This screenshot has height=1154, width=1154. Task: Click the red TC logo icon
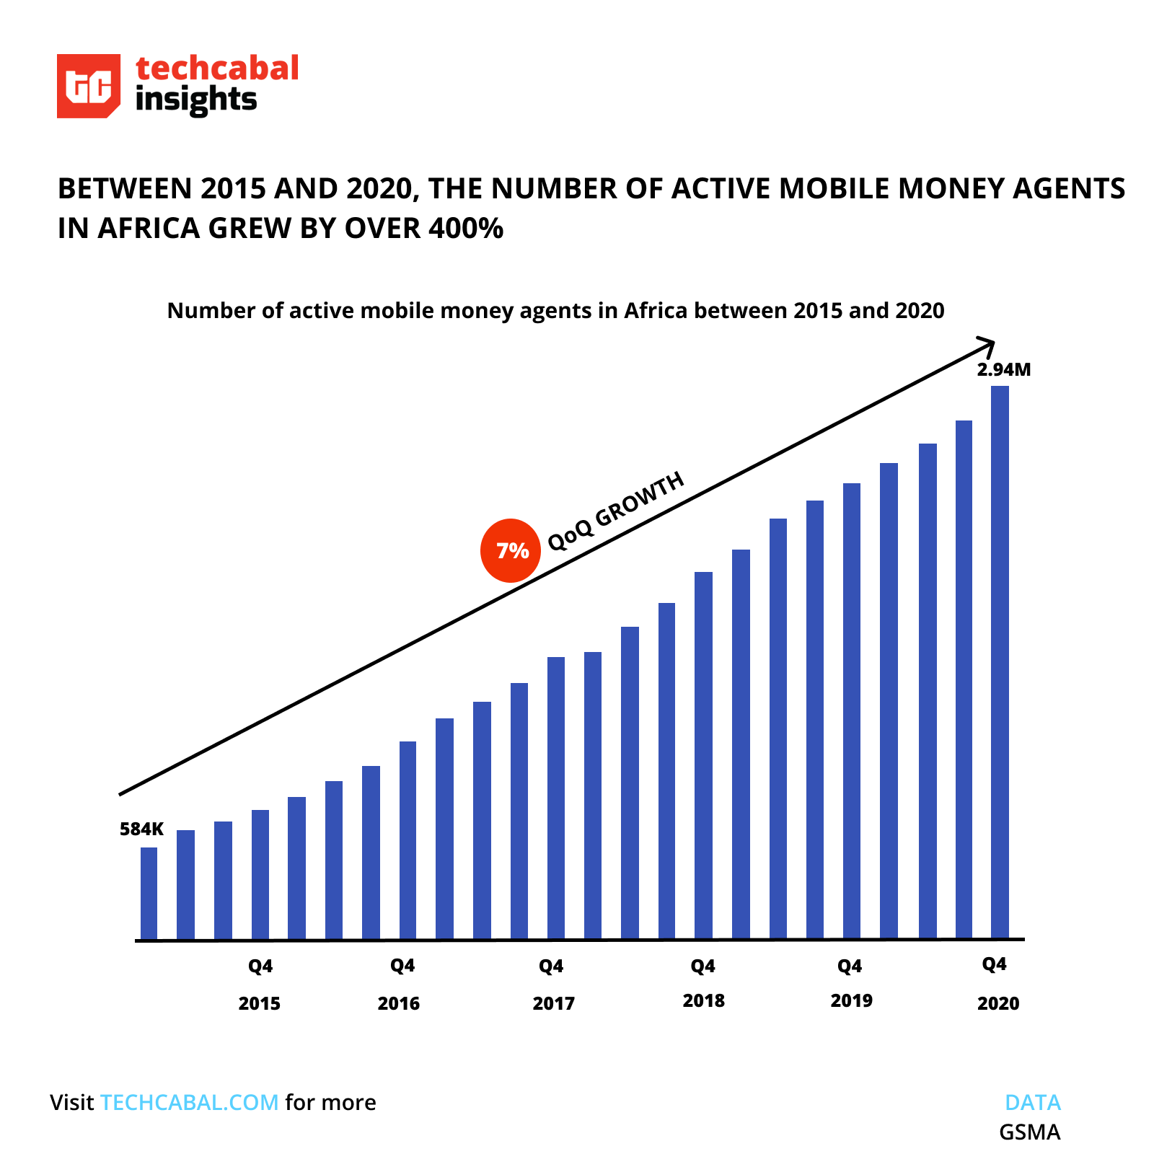(x=88, y=86)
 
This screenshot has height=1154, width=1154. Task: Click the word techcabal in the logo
(x=217, y=69)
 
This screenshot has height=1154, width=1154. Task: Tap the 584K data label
(x=141, y=829)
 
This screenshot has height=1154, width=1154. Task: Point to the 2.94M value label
(x=1003, y=370)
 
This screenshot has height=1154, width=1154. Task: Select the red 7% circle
(x=511, y=551)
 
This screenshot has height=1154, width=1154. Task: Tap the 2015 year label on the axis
(x=260, y=1003)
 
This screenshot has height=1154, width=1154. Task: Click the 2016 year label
(x=399, y=1003)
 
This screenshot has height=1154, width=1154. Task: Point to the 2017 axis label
(x=553, y=1003)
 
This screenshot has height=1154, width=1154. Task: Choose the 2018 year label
(x=703, y=1000)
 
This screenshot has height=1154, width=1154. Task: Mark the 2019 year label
(x=851, y=1000)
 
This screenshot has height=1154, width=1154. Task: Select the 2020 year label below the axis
(x=998, y=1003)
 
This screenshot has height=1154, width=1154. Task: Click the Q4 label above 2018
(x=702, y=966)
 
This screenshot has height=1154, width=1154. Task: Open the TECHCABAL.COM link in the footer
(x=189, y=1102)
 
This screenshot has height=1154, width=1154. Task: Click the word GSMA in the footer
(x=1029, y=1132)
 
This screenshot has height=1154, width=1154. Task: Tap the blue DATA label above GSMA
(x=1033, y=1102)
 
